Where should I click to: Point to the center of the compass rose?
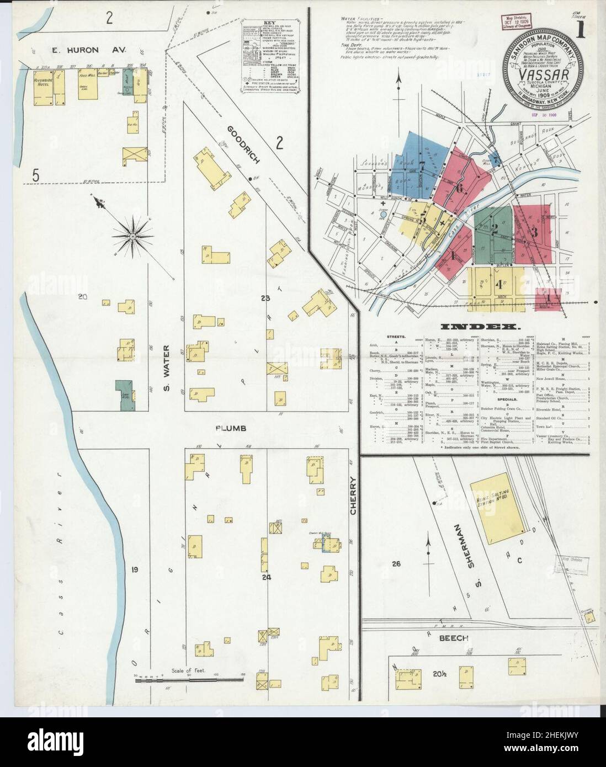click(x=133, y=236)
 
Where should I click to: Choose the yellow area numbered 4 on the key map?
click(x=497, y=285)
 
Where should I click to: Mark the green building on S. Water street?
click(x=125, y=395)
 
